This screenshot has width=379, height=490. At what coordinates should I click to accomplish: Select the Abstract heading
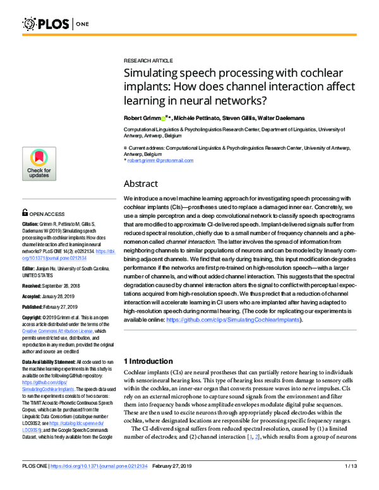140,184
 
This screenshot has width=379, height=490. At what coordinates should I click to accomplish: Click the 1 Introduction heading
150,361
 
